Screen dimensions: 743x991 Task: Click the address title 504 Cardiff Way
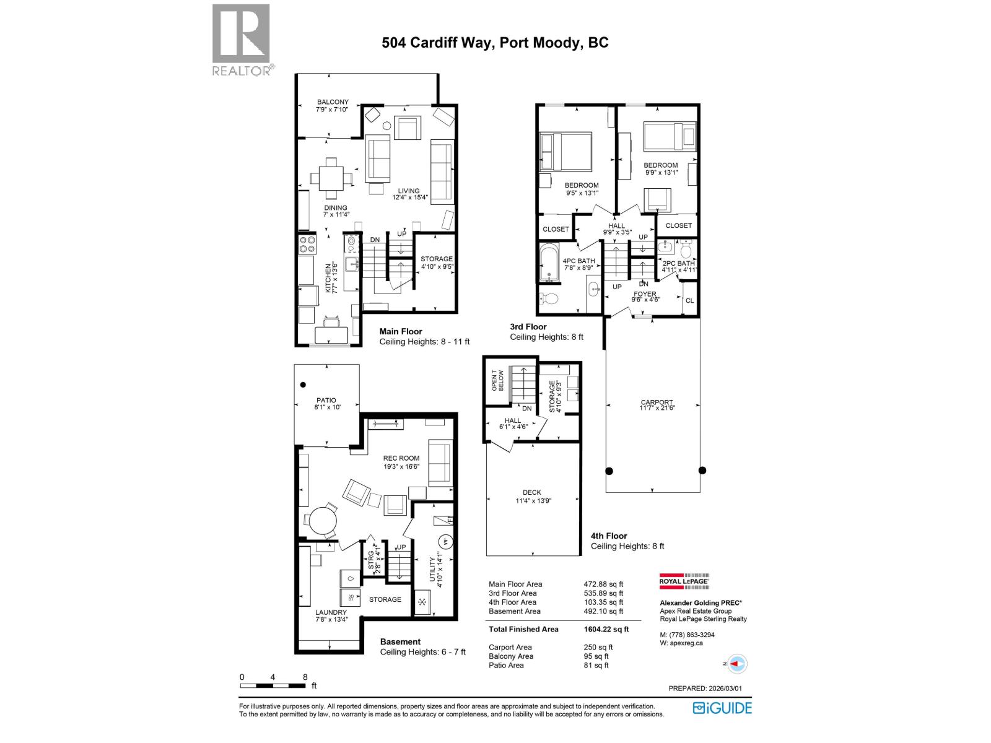click(x=495, y=42)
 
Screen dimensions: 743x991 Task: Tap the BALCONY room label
click(x=333, y=105)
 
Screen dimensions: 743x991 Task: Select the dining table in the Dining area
click(x=331, y=177)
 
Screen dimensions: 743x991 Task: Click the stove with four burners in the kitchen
click(x=307, y=245)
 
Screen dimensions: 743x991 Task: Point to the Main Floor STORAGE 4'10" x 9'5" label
click(x=437, y=263)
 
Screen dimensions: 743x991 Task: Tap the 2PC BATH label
click(x=678, y=266)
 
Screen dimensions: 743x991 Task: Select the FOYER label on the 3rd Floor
click(x=645, y=297)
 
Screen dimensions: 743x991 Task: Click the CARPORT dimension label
click(x=657, y=405)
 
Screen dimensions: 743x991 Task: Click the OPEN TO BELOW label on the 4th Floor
click(x=497, y=380)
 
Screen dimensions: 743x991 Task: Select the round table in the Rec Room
click(x=323, y=520)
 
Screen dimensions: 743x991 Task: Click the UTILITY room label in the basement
click(x=437, y=565)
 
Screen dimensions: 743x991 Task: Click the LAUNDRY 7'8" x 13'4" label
click(x=331, y=615)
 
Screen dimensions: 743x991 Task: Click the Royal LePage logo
click(x=683, y=581)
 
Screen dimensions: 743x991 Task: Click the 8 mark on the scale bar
click(x=305, y=677)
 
